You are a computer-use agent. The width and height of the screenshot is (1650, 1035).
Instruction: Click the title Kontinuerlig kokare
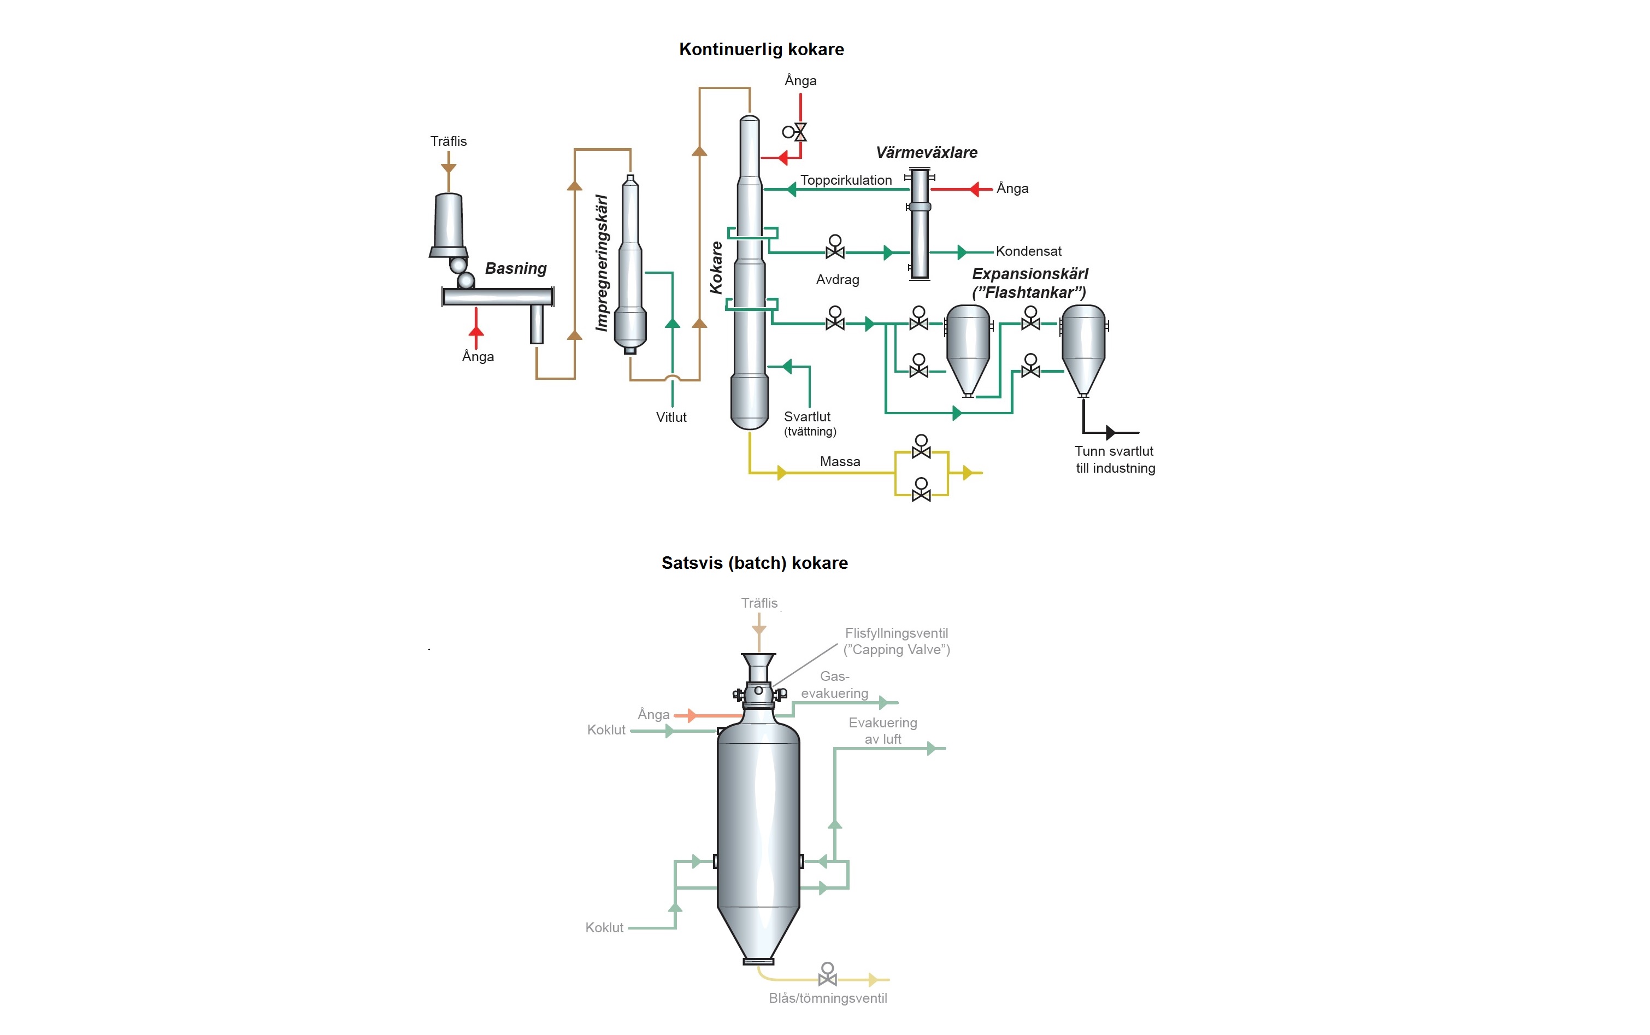click(x=761, y=49)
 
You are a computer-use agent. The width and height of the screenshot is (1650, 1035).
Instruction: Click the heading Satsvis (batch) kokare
click(x=754, y=563)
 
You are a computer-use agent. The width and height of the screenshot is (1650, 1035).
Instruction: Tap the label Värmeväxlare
click(x=927, y=152)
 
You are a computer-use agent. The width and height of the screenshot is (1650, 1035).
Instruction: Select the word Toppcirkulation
click(x=846, y=180)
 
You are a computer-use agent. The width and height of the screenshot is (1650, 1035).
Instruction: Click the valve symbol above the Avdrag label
click(x=835, y=248)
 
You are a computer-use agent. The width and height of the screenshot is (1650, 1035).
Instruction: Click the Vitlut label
click(x=671, y=417)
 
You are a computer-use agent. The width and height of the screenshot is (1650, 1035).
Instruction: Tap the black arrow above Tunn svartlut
click(x=1109, y=433)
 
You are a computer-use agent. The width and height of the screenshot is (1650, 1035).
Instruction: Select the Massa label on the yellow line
click(x=840, y=461)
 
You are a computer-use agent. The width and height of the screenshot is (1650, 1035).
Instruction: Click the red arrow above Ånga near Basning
click(x=476, y=332)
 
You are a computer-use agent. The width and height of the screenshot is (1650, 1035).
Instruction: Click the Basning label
click(x=515, y=268)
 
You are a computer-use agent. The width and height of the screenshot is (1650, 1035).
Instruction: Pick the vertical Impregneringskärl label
click(x=602, y=263)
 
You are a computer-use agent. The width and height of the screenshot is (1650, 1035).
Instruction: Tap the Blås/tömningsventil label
click(x=827, y=998)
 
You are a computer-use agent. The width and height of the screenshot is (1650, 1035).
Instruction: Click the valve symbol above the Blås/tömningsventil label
click(x=827, y=975)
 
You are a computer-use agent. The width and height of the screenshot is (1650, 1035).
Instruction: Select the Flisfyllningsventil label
click(x=896, y=633)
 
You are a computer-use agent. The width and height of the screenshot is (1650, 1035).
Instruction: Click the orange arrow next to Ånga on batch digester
click(x=692, y=716)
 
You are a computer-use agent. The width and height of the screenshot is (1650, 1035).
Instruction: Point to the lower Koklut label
click(x=604, y=927)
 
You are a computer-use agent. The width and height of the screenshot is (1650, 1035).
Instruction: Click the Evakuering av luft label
click(x=883, y=731)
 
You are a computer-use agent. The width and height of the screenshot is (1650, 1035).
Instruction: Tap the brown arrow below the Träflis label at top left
click(x=448, y=168)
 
